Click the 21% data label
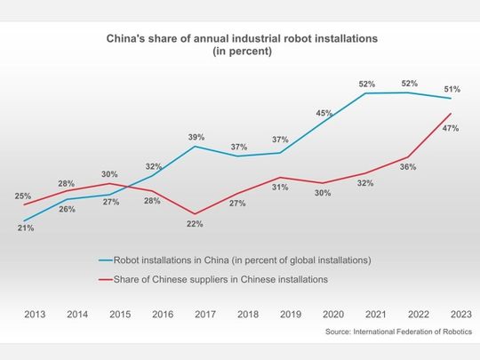[x=25, y=228]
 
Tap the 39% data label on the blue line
[x=196, y=137]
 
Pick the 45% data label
[x=324, y=113]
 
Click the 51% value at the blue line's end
[x=452, y=89]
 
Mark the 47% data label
[x=450, y=129]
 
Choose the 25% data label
[x=24, y=196]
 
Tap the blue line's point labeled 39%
[x=196, y=147]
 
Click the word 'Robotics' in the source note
[x=453, y=332]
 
